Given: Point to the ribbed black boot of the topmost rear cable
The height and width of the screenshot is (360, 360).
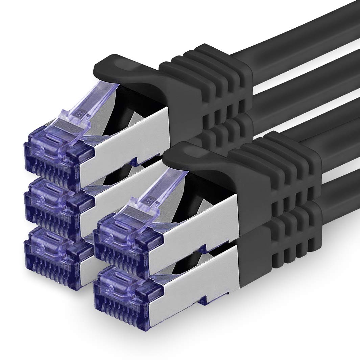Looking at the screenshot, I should [x=216, y=81].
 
